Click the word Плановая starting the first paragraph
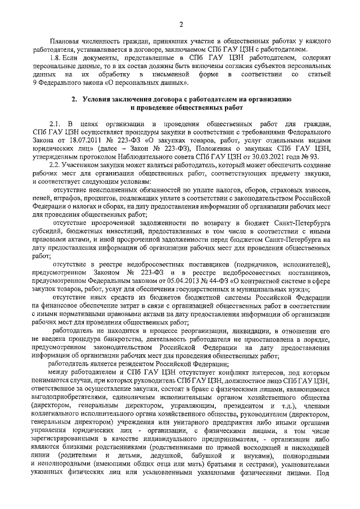(x=65, y=42)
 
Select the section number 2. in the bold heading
(x=74, y=99)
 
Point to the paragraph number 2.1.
(x=55, y=124)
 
